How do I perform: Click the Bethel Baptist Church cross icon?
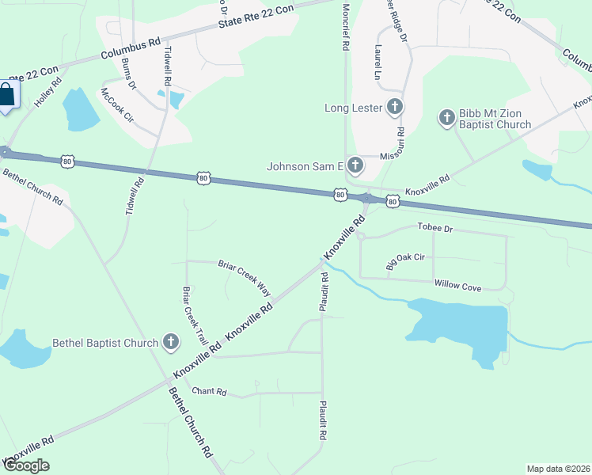pos(170,343)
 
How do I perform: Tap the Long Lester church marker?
pos(395,107)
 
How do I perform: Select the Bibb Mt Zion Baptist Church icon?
pos(447,118)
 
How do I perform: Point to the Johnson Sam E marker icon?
pos(355,165)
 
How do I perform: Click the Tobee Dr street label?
pos(435,228)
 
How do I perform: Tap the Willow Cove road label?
pos(457,285)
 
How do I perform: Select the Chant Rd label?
pos(210,391)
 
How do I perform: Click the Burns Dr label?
pos(129,73)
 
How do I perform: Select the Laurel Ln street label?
pos(378,62)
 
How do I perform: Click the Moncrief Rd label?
pos(346,26)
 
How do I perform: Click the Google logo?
pos(26,465)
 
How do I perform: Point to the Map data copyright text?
pos(558,469)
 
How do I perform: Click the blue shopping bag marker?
pos(7,96)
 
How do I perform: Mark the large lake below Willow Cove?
pos(458,326)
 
